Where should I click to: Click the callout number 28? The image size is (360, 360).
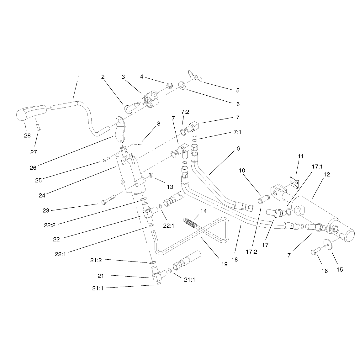tap(27, 135)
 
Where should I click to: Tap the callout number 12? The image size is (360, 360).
tap(327, 174)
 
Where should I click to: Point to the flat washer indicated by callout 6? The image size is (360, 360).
tap(183, 85)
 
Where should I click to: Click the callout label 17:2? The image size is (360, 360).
tap(251, 251)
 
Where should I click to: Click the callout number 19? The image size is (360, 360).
tap(224, 264)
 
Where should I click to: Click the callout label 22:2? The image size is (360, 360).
tap(50, 225)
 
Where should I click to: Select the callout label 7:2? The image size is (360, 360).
tap(185, 112)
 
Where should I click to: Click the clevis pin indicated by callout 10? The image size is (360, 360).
tap(263, 199)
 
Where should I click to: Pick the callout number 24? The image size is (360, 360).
tap(42, 195)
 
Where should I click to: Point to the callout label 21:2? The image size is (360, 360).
tap(96, 260)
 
